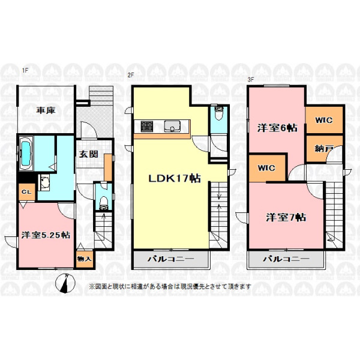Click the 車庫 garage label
click(46, 110)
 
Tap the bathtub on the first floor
click(26, 154)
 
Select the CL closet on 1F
click(26, 192)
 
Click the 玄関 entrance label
click(89, 154)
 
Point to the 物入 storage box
click(85, 259)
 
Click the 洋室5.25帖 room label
click(46, 235)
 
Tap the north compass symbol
click(65, 284)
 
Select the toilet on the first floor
click(104, 203)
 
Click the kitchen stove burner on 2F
click(146, 126)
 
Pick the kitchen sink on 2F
click(172, 127)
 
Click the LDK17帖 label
click(175, 178)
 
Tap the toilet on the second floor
click(218, 113)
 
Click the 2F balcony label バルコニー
click(170, 259)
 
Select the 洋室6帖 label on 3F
click(277, 128)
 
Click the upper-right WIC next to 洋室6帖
click(324, 120)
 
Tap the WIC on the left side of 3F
click(266, 168)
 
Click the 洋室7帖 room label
click(286, 217)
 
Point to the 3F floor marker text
click(250, 80)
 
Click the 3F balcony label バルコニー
click(286, 259)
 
